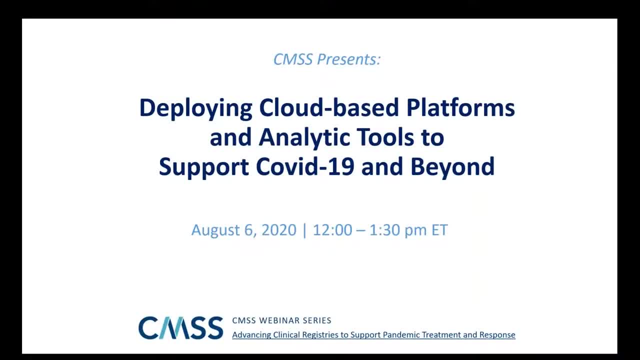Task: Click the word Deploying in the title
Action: tap(195, 108)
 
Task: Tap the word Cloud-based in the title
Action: tap(329, 107)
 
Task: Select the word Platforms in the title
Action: tap(460, 107)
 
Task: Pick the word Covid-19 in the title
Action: tap(305, 166)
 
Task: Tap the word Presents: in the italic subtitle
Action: tap(349, 59)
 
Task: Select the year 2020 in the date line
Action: tap(279, 230)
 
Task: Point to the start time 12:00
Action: tap(332, 230)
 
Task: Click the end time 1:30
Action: tap(385, 230)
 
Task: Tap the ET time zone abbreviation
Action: tap(439, 230)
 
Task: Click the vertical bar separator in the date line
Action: tap(304, 231)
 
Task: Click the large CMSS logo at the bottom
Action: tap(180, 327)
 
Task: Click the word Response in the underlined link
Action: tap(497, 335)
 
